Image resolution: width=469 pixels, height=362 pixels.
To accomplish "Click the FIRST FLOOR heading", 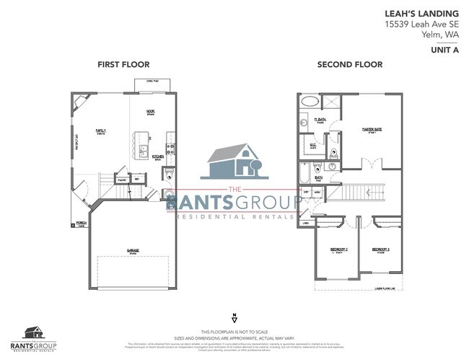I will click(x=123, y=65).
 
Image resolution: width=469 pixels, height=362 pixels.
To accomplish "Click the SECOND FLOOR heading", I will click(x=349, y=65).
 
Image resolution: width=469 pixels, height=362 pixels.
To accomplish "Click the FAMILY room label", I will click(x=101, y=131).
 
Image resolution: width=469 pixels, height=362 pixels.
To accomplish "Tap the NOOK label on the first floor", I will click(x=151, y=112).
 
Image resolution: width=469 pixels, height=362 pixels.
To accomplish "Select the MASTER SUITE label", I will click(x=372, y=131).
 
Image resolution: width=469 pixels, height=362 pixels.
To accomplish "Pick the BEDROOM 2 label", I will click(x=339, y=250).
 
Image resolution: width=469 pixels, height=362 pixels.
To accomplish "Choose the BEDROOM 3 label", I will click(x=381, y=250).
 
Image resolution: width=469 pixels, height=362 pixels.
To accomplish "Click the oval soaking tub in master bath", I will click(x=309, y=101).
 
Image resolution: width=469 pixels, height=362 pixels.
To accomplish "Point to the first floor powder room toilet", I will click(x=167, y=175).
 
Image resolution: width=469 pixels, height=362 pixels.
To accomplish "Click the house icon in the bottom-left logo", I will click(x=32, y=332).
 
